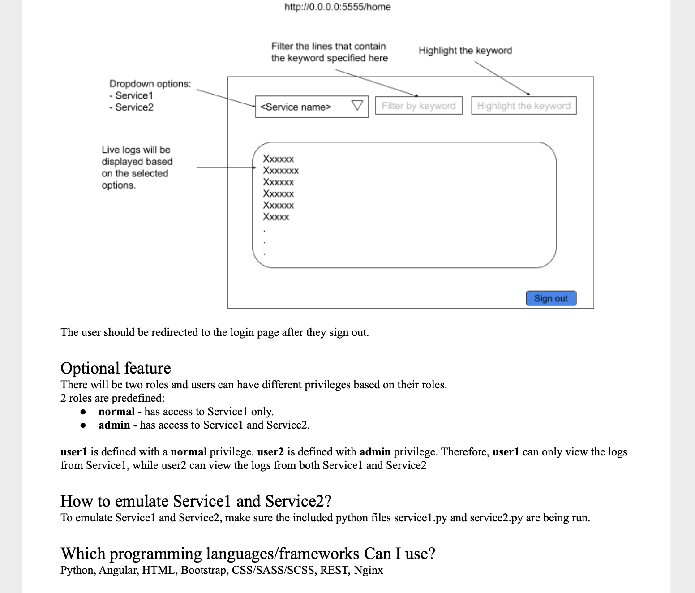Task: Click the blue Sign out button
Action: click(551, 298)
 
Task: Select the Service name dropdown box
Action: click(305, 107)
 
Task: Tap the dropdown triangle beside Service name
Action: click(357, 106)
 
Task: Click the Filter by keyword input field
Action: click(418, 106)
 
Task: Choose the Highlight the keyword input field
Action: click(523, 106)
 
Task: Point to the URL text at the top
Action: click(338, 7)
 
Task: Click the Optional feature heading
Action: click(116, 368)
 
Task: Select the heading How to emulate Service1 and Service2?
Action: click(196, 501)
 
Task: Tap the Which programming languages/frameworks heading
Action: click(248, 554)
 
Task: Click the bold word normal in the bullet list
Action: click(116, 412)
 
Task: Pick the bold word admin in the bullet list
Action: click(114, 425)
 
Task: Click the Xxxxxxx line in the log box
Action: click(281, 171)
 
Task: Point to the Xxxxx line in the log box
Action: click(276, 217)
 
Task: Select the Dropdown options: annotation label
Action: click(150, 84)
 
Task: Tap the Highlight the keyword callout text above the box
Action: click(465, 51)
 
